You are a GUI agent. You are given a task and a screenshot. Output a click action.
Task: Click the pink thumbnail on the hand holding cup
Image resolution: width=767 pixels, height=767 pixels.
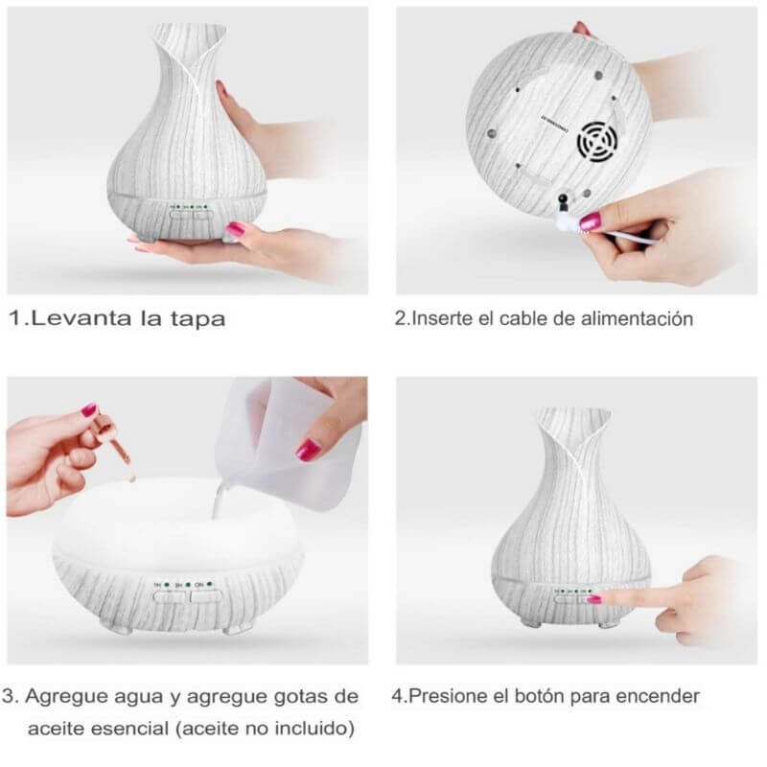coord(310,447)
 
